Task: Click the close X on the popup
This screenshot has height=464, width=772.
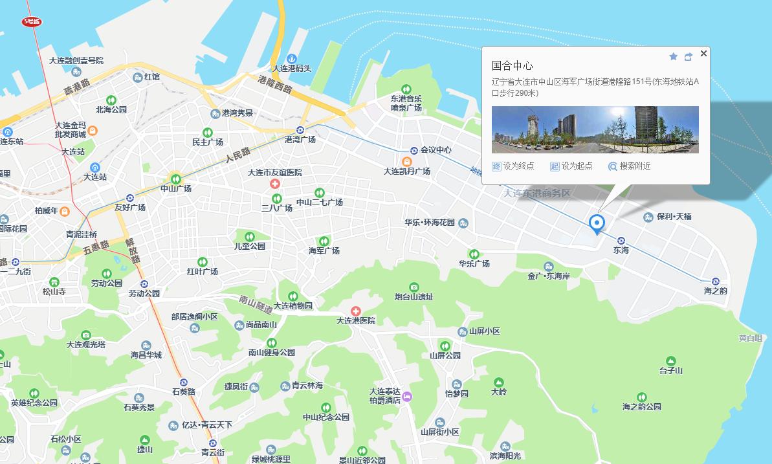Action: point(703,54)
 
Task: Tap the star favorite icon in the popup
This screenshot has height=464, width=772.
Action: point(673,57)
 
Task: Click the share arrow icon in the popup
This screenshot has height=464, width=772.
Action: point(688,57)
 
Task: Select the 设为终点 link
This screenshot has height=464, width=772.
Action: point(513,166)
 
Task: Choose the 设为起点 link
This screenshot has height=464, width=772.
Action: point(571,166)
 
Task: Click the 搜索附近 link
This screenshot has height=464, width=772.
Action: point(629,166)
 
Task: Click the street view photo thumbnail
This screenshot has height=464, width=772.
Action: point(595,129)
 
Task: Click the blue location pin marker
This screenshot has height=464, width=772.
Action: point(597,224)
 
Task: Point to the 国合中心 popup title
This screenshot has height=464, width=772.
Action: point(512,66)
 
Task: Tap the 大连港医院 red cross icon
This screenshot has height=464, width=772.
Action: point(355,311)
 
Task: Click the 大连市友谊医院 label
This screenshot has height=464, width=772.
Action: point(275,173)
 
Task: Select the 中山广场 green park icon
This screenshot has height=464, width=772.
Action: point(175,179)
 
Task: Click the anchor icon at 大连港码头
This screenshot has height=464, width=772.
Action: point(292,59)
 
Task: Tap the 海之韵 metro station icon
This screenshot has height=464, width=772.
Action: point(716,282)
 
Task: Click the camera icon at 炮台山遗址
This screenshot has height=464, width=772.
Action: point(414,287)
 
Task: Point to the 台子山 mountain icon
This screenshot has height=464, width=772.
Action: point(671,360)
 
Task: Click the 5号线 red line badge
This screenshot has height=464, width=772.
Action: point(31,21)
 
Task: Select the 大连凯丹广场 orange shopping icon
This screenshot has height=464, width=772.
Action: point(406,161)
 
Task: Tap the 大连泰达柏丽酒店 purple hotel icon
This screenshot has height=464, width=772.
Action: point(407,397)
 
